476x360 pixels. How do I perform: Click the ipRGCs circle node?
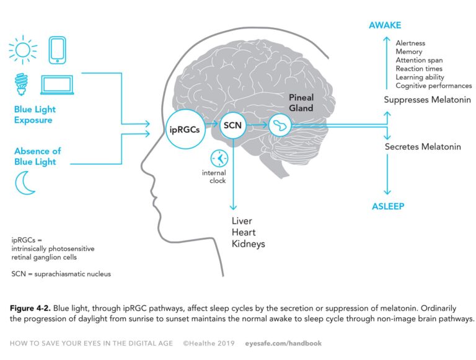(184, 130)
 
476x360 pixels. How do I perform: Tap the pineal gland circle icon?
(280, 126)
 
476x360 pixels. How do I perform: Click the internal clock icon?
(218, 158)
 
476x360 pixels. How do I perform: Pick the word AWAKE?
(385, 25)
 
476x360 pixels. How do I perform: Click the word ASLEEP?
(389, 206)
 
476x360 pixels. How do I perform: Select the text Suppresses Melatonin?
(428, 99)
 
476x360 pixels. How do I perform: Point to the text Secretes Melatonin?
(423, 147)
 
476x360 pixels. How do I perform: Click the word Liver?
(242, 221)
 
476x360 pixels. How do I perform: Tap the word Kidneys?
(248, 244)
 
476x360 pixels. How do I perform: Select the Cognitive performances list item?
(433, 86)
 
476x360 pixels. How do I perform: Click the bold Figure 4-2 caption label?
(33, 309)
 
